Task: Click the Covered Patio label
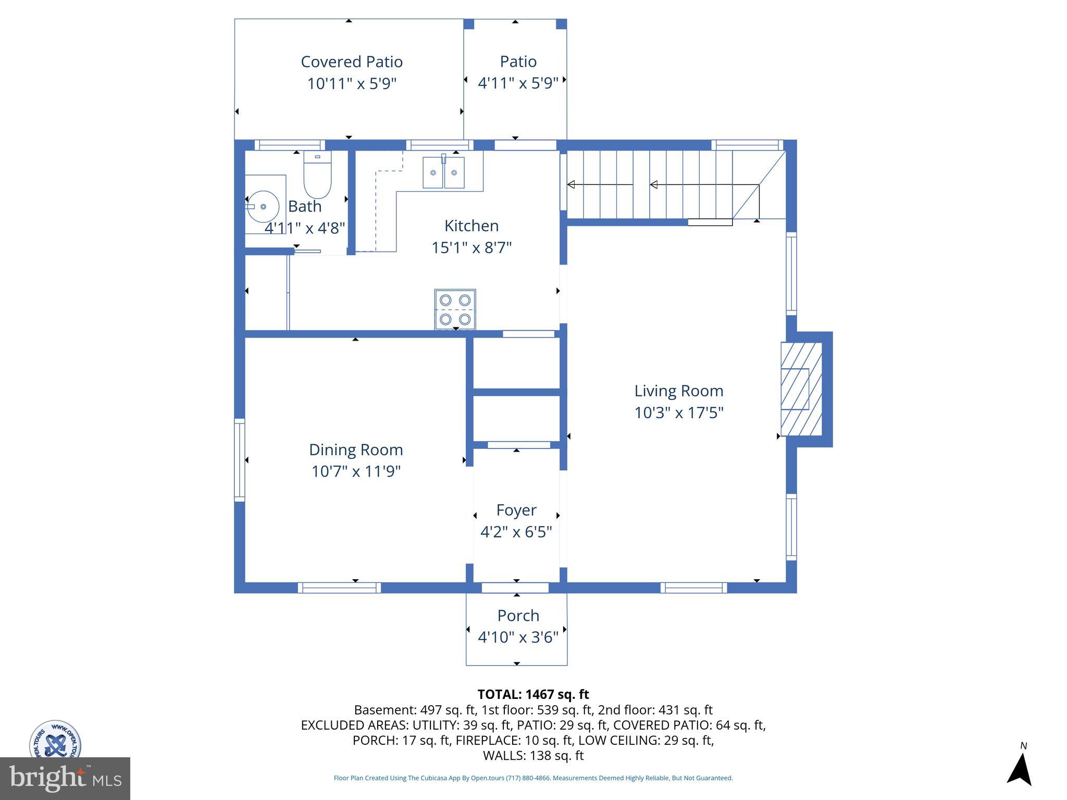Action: click(x=352, y=62)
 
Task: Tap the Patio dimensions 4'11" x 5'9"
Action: click(x=518, y=83)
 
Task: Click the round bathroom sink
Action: click(x=263, y=206)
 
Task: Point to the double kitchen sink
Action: click(x=443, y=172)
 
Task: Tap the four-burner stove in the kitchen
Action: click(x=455, y=309)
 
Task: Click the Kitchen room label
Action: click(x=472, y=226)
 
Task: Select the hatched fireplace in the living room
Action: click(x=801, y=389)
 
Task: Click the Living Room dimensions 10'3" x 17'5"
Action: click(x=678, y=413)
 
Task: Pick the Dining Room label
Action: click(x=356, y=449)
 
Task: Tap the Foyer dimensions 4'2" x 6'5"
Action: click(x=516, y=532)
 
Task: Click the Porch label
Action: click(x=518, y=616)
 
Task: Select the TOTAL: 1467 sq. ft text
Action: click(x=533, y=694)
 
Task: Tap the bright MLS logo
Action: click(x=65, y=779)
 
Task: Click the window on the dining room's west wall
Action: click(x=239, y=460)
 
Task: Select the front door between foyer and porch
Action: click(x=515, y=588)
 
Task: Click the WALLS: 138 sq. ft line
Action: click(x=533, y=756)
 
